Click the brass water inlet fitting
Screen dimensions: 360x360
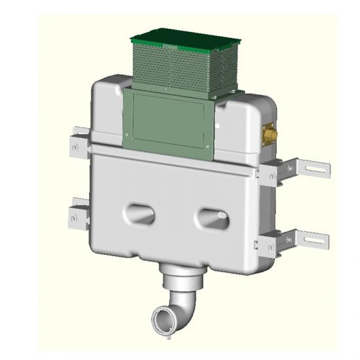tap(269, 134)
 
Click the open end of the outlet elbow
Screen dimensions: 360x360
tap(161, 321)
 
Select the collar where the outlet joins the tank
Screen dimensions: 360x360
tap(181, 274)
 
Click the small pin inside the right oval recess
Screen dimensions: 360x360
tap(223, 215)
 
